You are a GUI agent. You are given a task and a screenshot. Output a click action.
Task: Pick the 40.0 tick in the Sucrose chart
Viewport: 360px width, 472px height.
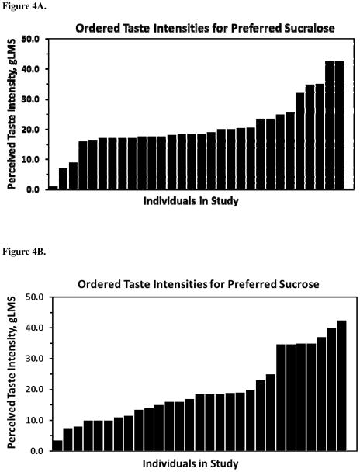[x=32, y=328]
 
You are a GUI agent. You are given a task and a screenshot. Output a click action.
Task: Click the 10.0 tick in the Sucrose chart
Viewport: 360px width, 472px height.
[x=32, y=420]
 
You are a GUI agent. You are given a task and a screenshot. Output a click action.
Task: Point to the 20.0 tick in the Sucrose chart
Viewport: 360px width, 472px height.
[x=32, y=389]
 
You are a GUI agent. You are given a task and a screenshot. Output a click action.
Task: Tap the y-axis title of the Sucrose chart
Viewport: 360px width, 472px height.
[x=12, y=374]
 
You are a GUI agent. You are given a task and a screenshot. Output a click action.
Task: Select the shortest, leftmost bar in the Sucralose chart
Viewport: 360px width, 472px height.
[x=54, y=187]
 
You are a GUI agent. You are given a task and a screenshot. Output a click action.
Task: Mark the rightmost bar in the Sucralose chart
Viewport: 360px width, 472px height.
[x=339, y=124]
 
